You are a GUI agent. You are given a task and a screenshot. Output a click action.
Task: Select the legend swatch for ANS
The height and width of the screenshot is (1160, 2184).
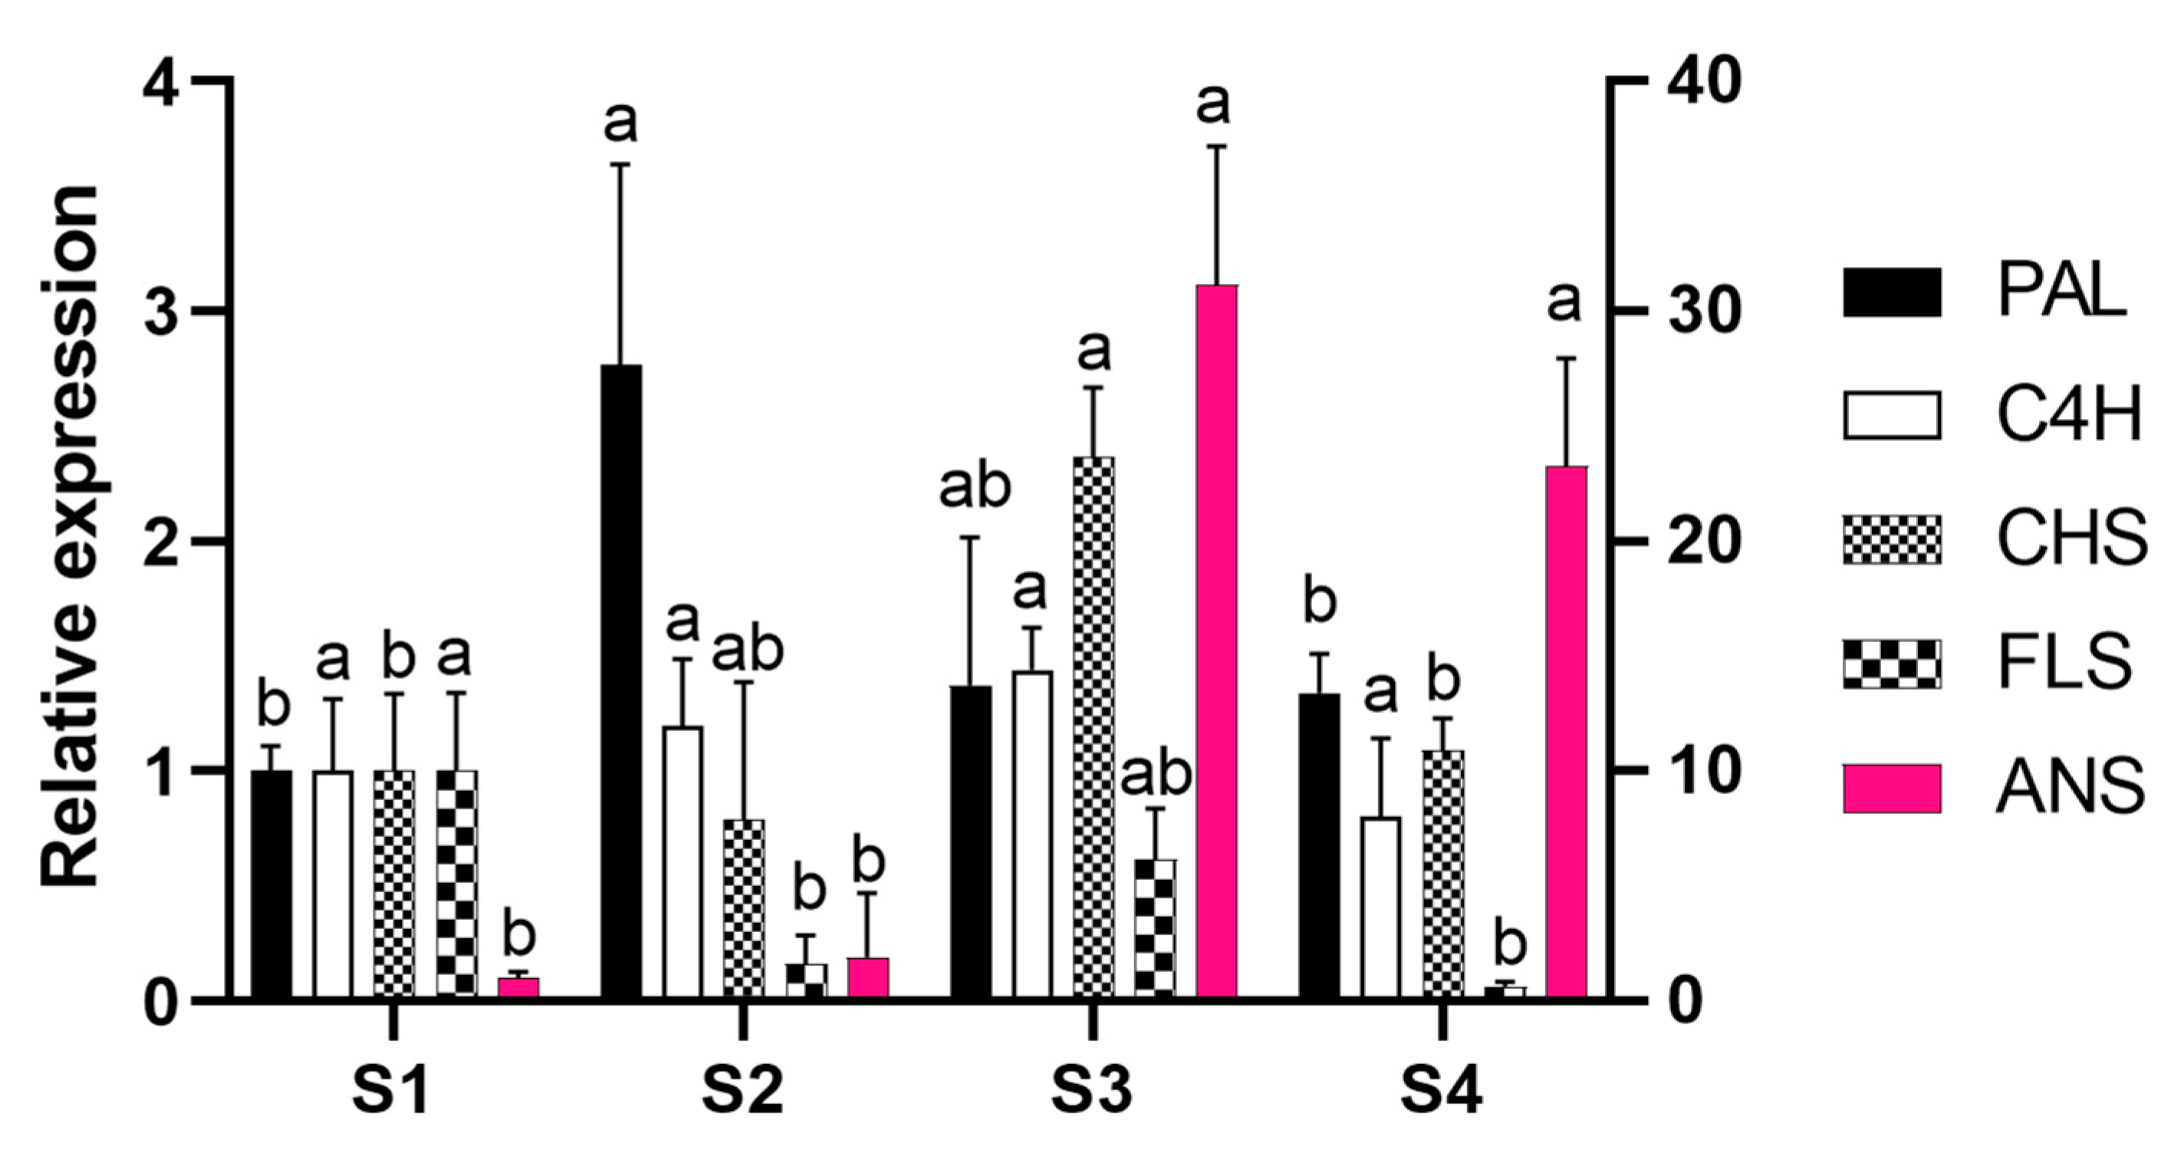(x=1892, y=789)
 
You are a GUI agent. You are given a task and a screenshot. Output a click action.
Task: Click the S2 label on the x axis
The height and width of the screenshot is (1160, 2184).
(x=742, y=1093)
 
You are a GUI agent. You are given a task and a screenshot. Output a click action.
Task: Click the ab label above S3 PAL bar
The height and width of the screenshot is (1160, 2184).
(x=974, y=489)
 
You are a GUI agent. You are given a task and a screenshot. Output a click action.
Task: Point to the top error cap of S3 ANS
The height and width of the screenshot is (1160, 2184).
(x=1217, y=147)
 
